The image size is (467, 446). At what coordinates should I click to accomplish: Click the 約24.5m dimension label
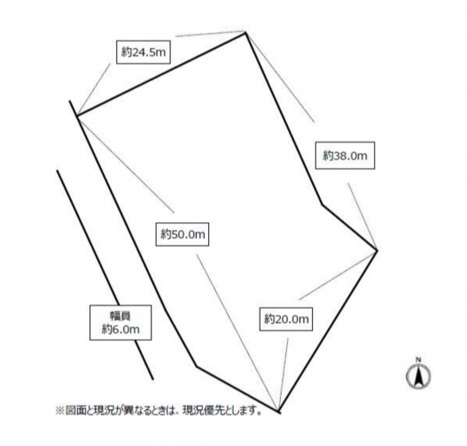tap(143, 52)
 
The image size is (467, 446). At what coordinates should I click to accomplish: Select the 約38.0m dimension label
tap(345, 156)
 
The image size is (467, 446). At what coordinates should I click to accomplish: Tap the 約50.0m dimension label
tap(183, 234)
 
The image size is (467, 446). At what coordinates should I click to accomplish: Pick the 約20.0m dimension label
tap(286, 319)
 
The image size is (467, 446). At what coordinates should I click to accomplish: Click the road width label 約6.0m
tap(121, 329)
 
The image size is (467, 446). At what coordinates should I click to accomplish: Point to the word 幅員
tap(121, 316)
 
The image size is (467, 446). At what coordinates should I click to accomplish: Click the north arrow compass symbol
tap(418, 376)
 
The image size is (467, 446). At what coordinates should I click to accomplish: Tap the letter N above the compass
tap(418, 359)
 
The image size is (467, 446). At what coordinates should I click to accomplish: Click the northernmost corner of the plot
tap(246, 32)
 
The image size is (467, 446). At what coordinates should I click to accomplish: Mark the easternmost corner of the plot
tap(377, 251)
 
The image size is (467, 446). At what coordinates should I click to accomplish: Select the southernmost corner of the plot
tap(279, 412)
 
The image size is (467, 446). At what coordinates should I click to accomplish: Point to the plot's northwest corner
tap(77, 115)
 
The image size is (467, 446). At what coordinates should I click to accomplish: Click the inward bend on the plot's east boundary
tap(322, 205)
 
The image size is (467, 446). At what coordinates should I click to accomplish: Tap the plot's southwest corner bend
tap(197, 366)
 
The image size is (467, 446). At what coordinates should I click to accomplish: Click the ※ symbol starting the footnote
tap(59, 411)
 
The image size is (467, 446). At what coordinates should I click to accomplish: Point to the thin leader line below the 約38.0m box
tap(362, 217)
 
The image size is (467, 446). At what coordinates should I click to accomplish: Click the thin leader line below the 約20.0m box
tap(283, 374)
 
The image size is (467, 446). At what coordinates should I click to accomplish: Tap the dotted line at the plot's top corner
tap(210, 33)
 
